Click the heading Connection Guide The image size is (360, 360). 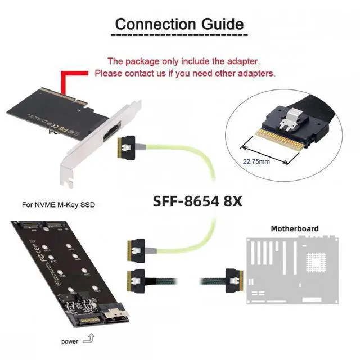[179, 25]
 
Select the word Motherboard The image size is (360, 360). [295, 228]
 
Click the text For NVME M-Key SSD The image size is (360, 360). [58, 205]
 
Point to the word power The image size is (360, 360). [71, 341]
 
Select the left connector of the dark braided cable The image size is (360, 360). [137, 277]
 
